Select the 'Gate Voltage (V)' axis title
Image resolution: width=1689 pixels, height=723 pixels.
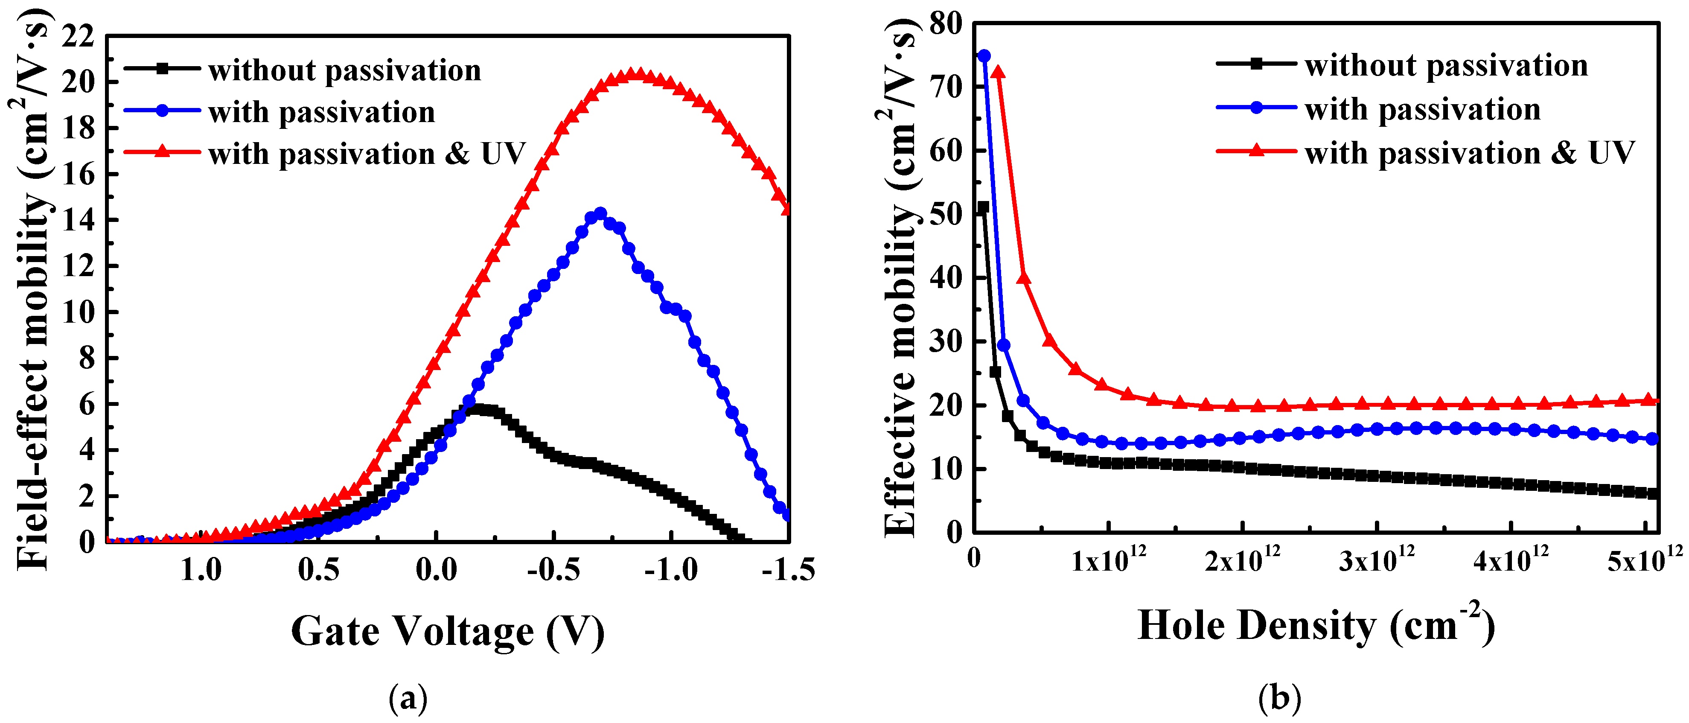(447, 632)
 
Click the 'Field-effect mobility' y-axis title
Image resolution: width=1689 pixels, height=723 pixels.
(33, 289)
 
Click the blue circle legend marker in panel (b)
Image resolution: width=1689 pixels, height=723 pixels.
(1256, 108)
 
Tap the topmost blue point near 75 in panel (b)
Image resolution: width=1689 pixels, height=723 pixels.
(984, 56)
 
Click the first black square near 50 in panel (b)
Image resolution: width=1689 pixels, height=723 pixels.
(983, 207)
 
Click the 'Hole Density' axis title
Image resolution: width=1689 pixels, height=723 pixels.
(1316, 626)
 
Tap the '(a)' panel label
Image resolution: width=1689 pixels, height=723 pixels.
(408, 699)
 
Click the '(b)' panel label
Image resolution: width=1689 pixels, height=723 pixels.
(1279, 699)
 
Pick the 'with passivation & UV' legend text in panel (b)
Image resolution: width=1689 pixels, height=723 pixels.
(1469, 153)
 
